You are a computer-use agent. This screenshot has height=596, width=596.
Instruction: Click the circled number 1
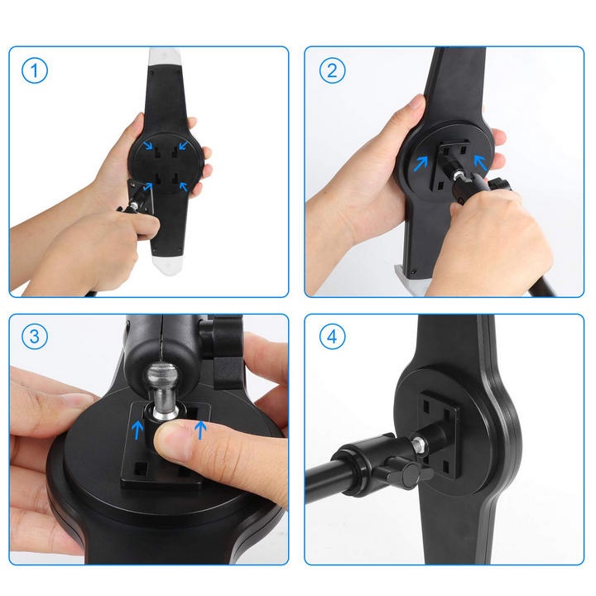tap(34, 71)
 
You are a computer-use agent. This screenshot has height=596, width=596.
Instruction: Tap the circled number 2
tap(332, 71)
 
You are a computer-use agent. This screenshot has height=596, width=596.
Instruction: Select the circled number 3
tap(34, 337)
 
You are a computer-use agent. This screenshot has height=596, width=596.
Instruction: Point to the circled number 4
tap(332, 337)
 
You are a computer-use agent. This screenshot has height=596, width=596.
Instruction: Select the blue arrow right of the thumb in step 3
tap(199, 430)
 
